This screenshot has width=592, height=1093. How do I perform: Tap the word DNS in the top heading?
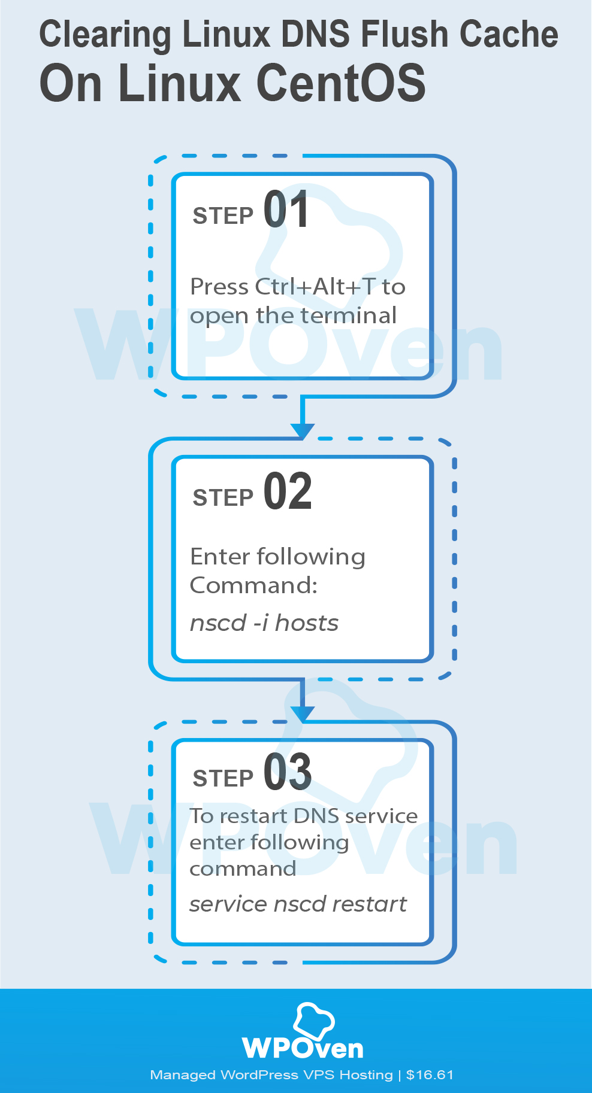(x=316, y=34)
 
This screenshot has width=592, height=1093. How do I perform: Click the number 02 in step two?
(x=288, y=491)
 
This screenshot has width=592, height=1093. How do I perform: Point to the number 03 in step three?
(x=288, y=772)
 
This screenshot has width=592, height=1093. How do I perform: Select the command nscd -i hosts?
(x=264, y=623)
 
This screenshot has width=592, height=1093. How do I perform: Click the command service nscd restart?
(x=298, y=904)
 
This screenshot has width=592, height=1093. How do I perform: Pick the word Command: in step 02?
(x=253, y=585)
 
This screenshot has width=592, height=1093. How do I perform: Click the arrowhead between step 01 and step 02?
(x=303, y=430)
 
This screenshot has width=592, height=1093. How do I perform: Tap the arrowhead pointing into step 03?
(x=303, y=713)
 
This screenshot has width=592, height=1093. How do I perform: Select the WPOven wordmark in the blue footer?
(x=303, y=1049)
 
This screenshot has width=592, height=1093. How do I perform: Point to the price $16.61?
(x=430, y=1075)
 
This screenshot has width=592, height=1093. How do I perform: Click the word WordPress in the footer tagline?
(x=259, y=1075)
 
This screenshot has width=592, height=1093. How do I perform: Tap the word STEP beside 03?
(x=223, y=779)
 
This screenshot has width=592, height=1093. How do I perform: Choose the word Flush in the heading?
(x=406, y=34)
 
